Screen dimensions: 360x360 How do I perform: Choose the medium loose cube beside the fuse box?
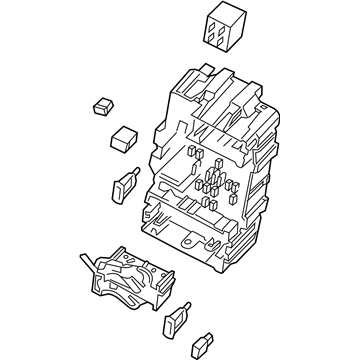(124, 137)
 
